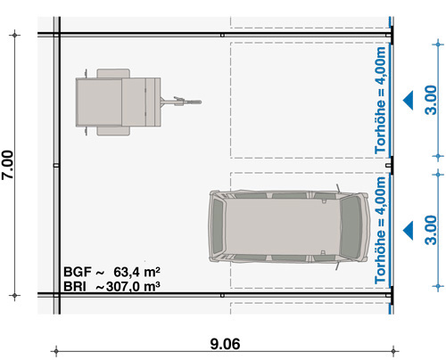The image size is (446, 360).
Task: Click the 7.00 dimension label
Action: click(x=8, y=165)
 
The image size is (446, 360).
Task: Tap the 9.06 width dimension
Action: click(x=225, y=344)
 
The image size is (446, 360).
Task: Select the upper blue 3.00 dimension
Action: click(x=431, y=100)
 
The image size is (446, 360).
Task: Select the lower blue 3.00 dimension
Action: click(x=431, y=230)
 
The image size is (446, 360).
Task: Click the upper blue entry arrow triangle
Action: click(x=409, y=100)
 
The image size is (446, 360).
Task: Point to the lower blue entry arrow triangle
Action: click(x=409, y=231)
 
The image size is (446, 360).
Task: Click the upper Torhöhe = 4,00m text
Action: click(x=380, y=100)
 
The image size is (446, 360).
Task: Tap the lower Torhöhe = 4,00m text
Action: click(x=380, y=230)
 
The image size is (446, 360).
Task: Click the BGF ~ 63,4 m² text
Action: click(x=112, y=272)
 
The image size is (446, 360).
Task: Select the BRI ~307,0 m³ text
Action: click(x=111, y=287)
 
